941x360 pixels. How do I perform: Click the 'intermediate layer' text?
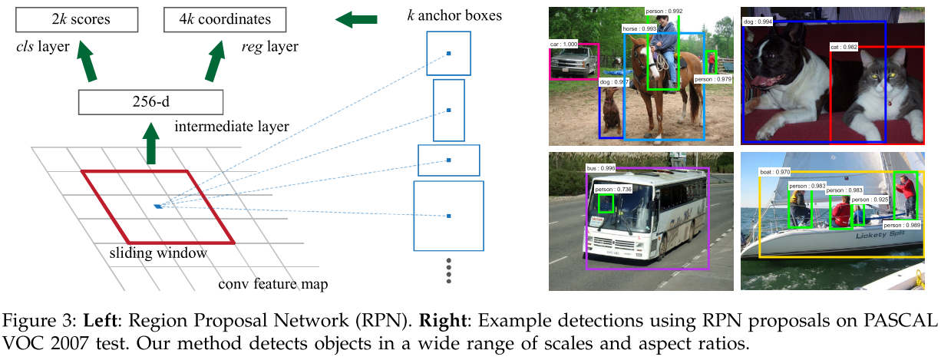[231, 126]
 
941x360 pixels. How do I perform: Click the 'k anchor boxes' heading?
[454, 15]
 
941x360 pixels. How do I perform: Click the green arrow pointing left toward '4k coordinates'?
[355, 18]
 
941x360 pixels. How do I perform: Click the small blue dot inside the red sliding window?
[157, 206]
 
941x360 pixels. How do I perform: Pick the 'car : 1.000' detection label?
[564, 45]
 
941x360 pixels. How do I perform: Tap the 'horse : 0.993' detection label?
[639, 29]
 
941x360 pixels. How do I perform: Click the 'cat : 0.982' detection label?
[845, 48]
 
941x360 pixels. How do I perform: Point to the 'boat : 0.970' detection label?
[774, 171]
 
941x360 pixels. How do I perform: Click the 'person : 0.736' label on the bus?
[612, 190]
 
